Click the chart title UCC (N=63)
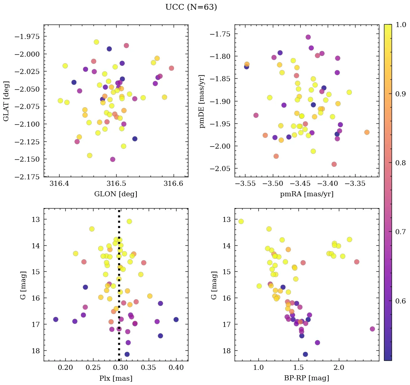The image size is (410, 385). click(191, 7)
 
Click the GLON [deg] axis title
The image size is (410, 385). click(115, 194)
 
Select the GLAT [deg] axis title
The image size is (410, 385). click(6, 101)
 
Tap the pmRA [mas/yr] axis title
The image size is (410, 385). click(306, 194)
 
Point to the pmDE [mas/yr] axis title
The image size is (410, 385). click(202, 101)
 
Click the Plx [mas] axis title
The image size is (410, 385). click(115, 378)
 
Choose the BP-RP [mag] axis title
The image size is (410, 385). click(306, 378)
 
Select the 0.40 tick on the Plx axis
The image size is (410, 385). click(176, 368)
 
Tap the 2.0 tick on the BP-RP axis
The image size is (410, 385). click(339, 368)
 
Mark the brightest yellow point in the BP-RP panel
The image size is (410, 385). click(241, 221)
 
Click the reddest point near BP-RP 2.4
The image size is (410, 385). click(372, 329)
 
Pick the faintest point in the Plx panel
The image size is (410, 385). click(127, 354)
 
